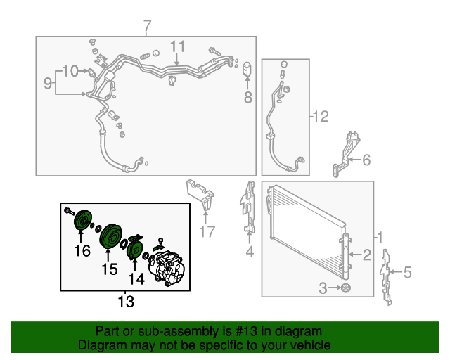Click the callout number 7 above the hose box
(147, 26)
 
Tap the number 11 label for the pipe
(178, 46)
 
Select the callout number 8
(248, 97)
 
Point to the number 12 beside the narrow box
(321, 117)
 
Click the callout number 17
(207, 231)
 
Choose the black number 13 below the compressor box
(126, 302)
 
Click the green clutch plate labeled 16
(83, 220)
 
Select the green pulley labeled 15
(110, 236)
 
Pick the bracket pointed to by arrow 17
(201, 195)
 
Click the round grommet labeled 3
(345, 288)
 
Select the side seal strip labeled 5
(385, 277)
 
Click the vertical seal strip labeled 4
(248, 207)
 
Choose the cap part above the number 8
(247, 68)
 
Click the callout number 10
(70, 70)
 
